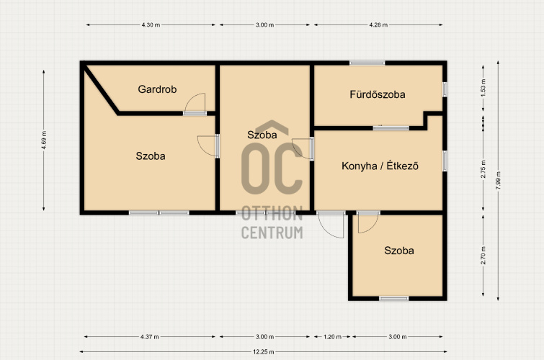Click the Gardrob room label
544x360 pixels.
[157, 89]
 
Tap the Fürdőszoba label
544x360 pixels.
[378, 94]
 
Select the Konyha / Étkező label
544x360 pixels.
[380, 166]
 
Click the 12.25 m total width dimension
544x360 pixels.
[263, 351]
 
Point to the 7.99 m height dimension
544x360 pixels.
[498, 180]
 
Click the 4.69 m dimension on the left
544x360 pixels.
[44, 140]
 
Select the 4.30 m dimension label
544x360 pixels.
[151, 24]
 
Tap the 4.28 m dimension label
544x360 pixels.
[378, 24]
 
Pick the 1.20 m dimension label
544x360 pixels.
[332, 336]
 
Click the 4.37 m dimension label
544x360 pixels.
[150, 336]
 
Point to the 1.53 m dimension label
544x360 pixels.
[483, 88]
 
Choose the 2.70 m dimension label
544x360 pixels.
[483, 256]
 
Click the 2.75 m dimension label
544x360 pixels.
[483, 169]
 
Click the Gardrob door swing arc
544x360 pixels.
[190, 98]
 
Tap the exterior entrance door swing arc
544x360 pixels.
[326, 232]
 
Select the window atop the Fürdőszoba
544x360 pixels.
[367, 63]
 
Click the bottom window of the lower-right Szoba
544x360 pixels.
[394, 298]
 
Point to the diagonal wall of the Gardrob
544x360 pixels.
[101, 89]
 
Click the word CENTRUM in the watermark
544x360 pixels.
[272, 233]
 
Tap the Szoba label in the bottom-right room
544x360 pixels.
[399, 251]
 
